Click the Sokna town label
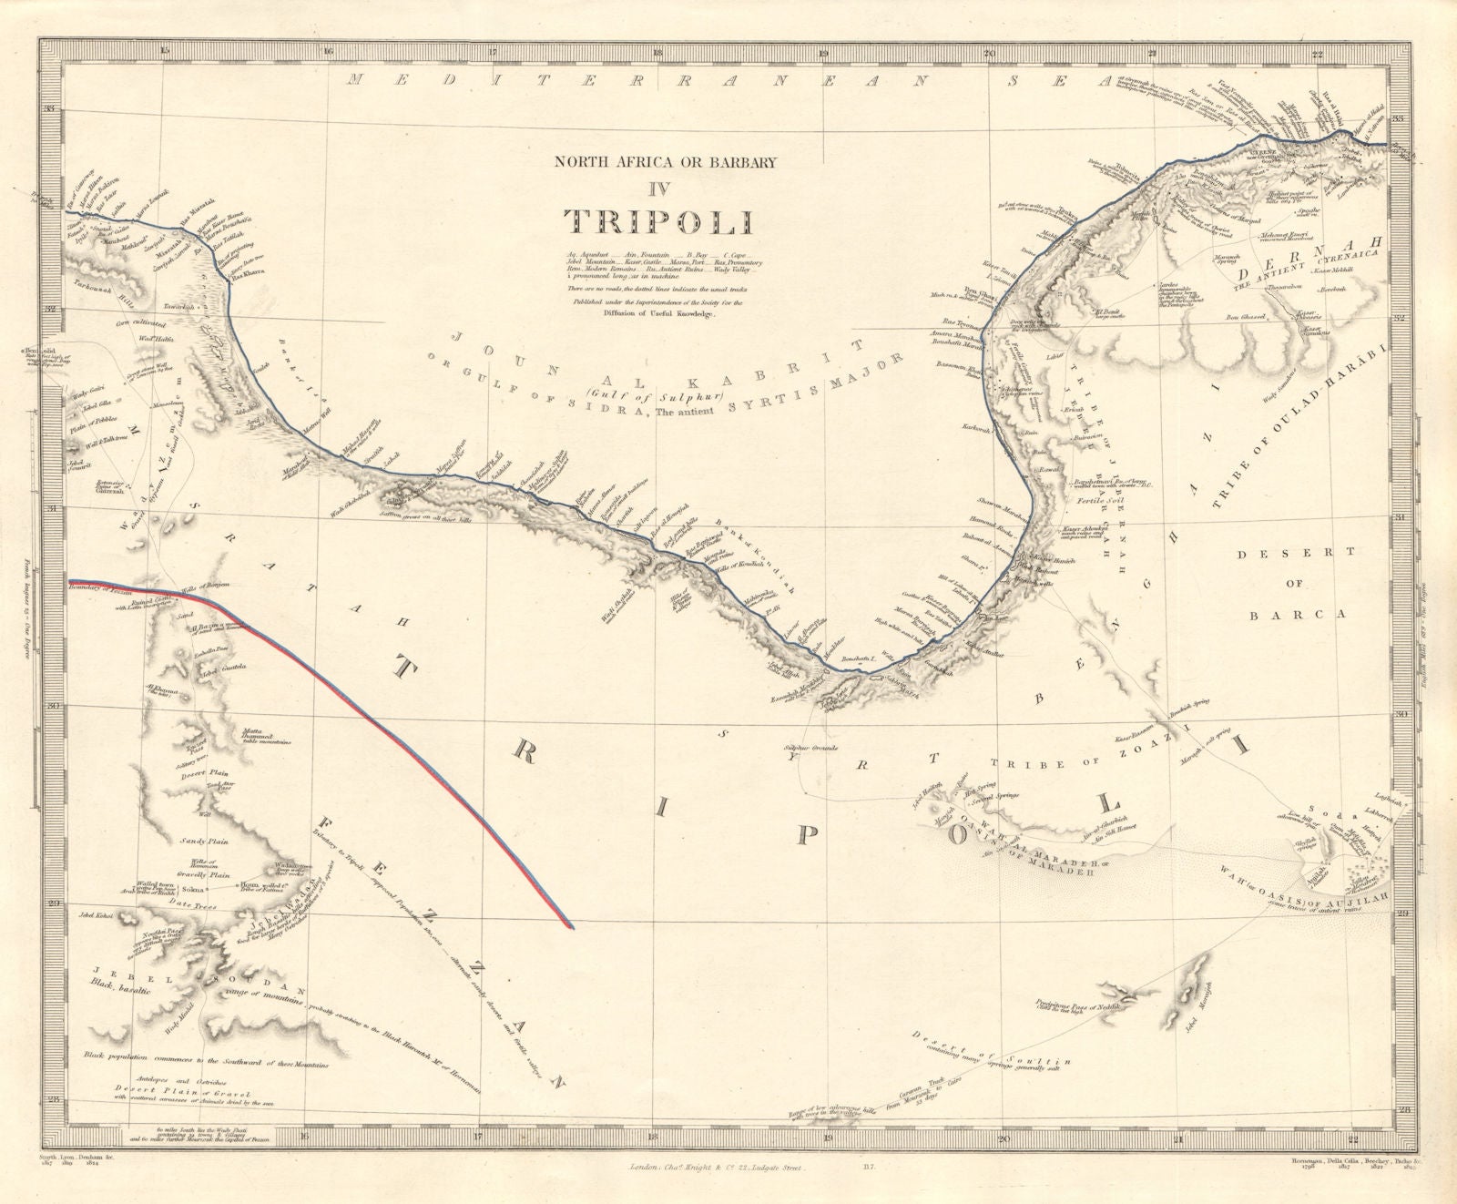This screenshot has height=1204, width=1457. (x=192, y=887)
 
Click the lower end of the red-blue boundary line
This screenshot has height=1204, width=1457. (x=571, y=927)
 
